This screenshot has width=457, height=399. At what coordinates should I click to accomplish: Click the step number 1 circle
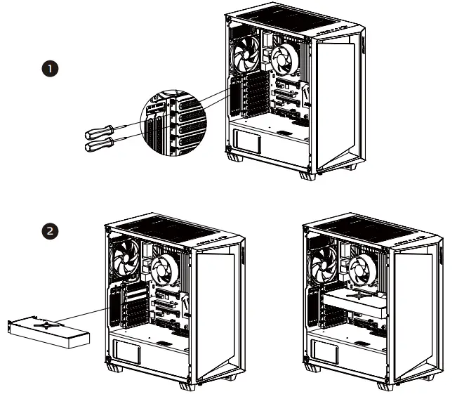(50, 69)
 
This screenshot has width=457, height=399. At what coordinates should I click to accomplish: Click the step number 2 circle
(50, 230)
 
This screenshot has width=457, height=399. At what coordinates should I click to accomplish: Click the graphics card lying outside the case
(48, 331)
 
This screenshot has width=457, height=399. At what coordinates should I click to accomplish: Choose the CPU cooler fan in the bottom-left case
(164, 270)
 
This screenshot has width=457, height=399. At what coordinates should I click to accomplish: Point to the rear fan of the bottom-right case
(327, 257)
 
